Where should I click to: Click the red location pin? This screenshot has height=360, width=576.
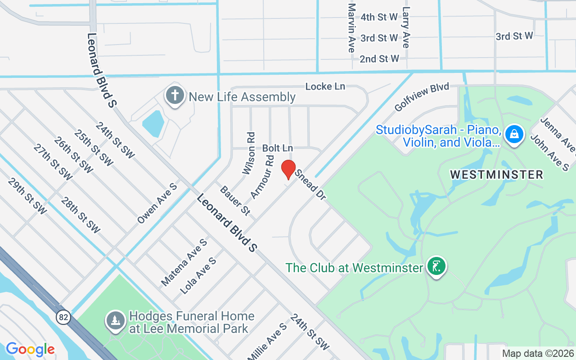288,170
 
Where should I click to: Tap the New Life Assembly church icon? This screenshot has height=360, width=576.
174,96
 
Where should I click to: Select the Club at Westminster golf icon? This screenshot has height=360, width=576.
436,266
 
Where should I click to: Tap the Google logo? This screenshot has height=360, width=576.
30,349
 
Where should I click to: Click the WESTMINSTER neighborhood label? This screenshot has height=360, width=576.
497,174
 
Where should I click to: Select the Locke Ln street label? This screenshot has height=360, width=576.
325,86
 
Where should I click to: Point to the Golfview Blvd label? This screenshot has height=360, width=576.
422,97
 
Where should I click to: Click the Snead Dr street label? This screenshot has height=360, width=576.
310,185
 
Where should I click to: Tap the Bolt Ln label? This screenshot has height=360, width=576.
278,148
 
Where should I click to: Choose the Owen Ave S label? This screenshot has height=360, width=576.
157,203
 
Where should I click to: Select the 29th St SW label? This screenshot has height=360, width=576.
27,196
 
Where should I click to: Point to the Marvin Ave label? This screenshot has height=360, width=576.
352,28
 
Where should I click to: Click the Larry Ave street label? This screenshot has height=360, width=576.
406,27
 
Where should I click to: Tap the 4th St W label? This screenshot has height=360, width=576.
379,17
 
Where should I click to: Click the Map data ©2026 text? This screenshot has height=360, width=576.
538,353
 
